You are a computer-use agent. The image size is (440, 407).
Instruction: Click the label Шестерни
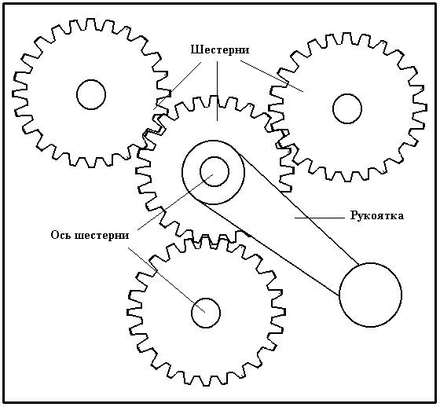tap(220, 50)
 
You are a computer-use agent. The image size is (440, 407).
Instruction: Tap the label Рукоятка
tap(377, 215)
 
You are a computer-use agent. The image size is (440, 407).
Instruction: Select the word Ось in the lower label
tap(60, 235)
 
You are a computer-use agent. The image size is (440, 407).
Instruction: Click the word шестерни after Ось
tap(101, 236)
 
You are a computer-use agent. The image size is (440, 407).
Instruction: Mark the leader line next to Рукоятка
tap(319, 218)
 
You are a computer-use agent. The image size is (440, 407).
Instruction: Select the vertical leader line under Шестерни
tap(217, 91)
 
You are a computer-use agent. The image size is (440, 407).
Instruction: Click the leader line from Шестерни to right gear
tap(272, 75)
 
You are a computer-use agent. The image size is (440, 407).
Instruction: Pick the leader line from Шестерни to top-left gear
tap(178, 86)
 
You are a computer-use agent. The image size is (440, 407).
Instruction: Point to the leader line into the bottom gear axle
tap(167, 280)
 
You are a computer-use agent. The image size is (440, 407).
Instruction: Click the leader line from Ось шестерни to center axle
tap(175, 202)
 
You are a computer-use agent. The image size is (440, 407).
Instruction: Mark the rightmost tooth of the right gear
tap(423, 108)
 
